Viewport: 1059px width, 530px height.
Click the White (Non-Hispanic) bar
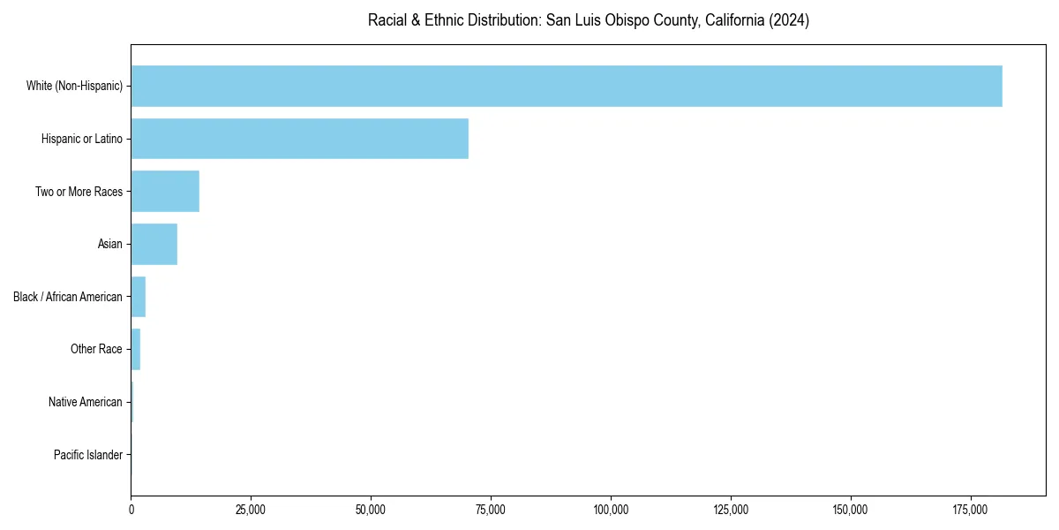tap(567, 86)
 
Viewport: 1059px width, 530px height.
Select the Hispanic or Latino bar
tap(299, 139)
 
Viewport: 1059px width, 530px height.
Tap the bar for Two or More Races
tap(165, 192)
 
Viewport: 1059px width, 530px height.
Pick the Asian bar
tap(154, 244)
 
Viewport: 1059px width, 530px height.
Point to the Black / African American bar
tap(139, 297)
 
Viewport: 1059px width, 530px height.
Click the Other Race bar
tap(136, 349)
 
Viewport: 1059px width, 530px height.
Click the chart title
tap(588, 20)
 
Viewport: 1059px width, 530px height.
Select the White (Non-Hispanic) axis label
tap(74, 86)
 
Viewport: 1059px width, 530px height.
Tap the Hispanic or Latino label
tap(81, 139)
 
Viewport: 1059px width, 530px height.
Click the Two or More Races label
tap(79, 192)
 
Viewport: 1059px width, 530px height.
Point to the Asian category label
tap(109, 244)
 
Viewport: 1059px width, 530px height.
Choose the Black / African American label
tap(68, 297)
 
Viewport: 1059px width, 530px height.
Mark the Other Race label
tap(96, 349)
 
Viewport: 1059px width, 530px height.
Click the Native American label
tap(85, 402)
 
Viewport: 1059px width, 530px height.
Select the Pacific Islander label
tap(87, 455)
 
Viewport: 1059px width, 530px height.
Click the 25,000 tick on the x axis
tap(251, 510)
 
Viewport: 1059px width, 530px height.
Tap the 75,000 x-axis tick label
tap(491, 510)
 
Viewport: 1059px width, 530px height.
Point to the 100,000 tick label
tap(611, 510)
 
